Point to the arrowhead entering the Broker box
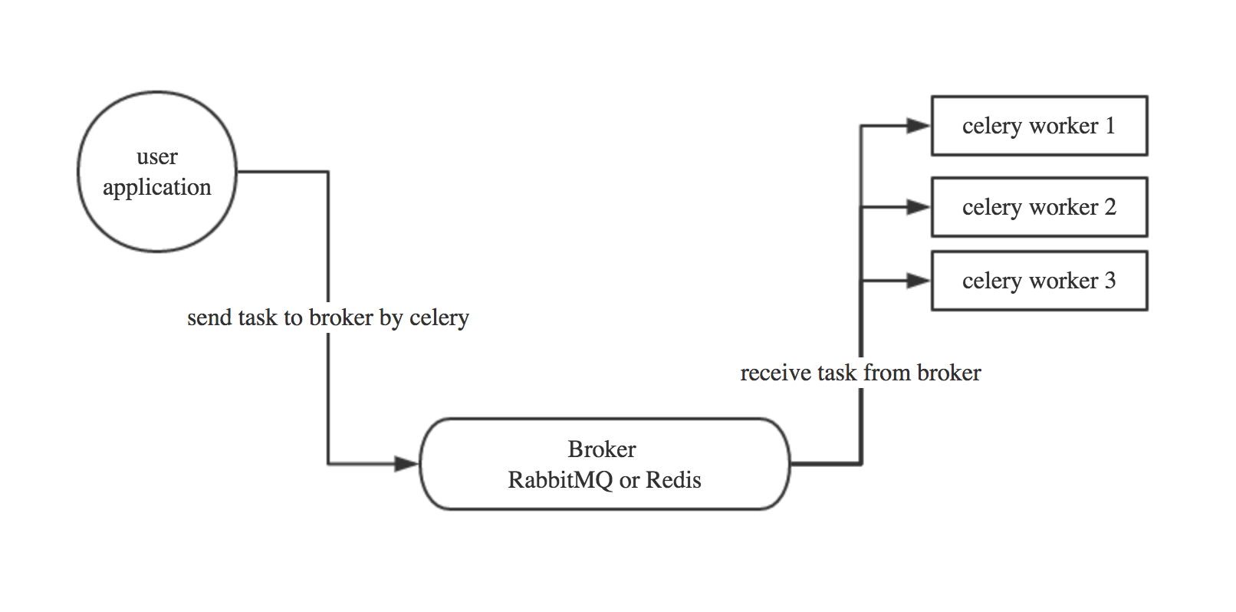click(406, 464)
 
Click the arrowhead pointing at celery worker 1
click(918, 126)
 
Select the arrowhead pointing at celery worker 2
click(918, 207)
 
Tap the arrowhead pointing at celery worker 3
click(918, 281)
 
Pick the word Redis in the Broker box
click(673, 480)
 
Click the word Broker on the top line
click(602, 449)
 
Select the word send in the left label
click(209, 318)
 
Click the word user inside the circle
click(157, 157)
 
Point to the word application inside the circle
click(157, 188)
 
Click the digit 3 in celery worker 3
click(1109, 281)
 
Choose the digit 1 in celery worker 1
click(1109, 126)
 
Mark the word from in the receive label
click(887, 373)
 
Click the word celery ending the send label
click(439, 318)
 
